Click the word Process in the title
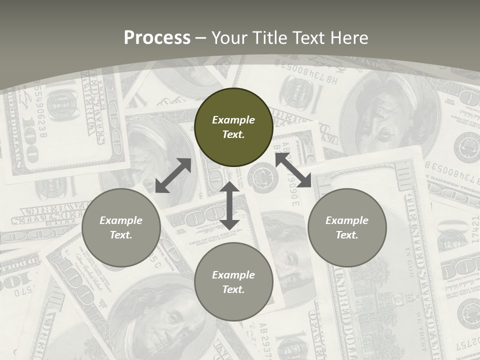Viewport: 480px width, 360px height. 157,38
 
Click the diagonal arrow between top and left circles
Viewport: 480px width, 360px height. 173,175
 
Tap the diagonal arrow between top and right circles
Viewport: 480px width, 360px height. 293,170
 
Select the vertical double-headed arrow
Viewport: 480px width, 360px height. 229,205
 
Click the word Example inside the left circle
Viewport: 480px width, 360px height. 121,220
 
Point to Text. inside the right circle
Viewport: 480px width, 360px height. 347,235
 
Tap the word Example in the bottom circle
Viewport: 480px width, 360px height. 233,275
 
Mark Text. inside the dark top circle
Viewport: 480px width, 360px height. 233,134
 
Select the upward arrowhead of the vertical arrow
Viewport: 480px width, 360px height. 229,187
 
